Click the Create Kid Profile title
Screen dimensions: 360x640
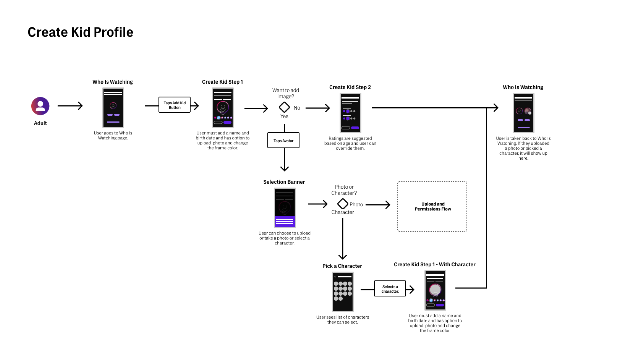pyautogui.click(x=80, y=32)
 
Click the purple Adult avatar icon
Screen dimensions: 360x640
pyautogui.click(x=40, y=106)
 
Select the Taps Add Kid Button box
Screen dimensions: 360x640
pyautogui.click(x=174, y=105)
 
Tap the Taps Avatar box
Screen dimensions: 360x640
pyautogui.click(x=283, y=140)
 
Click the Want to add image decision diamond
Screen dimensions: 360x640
pyautogui.click(x=284, y=107)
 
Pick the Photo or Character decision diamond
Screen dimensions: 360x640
pyautogui.click(x=342, y=204)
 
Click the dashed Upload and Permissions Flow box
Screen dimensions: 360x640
pyautogui.click(x=432, y=206)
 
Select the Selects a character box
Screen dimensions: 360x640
pyautogui.click(x=390, y=289)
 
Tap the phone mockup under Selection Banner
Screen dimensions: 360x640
pyautogui.click(x=284, y=208)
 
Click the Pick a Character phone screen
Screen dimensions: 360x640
pyautogui.click(x=342, y=292)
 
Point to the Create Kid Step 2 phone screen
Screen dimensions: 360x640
pyautogui.click(x=350, y=113)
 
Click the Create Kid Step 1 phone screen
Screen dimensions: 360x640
pyautogui.click(x=223, y=108)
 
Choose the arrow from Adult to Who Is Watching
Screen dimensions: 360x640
pyautogui.click(x=70, y=106)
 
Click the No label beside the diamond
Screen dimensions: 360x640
pyautogui.click(x=297, y=108)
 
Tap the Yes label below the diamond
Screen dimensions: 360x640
pyautogui.click(x=284, y=116)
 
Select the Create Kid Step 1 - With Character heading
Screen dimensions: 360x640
pyautogui.click(x=434, y=265)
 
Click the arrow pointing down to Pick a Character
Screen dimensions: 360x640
pyautogui.click(x=343, y=239)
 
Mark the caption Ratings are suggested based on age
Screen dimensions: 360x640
pyautogui.click(x=350, y=143)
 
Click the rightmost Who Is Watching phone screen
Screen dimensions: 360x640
pyautogui.click(x=523, y=113)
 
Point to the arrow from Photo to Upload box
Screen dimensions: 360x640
pyautogui.click(x=378, y=205)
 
